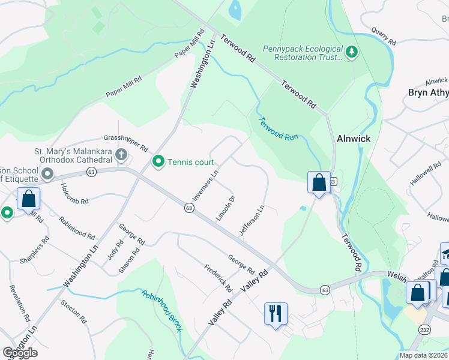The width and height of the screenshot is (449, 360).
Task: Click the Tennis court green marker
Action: pyautogui.click(x=158, y=161)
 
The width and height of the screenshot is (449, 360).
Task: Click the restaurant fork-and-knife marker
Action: pyautogui.click(x=276, y=313)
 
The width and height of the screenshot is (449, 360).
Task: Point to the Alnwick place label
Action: pyautogui.click(x=354, y=138)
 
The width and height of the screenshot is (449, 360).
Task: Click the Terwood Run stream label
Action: pyautogui.click(x=279, y=128)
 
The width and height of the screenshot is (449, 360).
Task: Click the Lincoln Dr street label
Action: pyautogui.click(x=225, y=208)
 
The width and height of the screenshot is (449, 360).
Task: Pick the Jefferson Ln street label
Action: pyautogui.click(x=252, y=221)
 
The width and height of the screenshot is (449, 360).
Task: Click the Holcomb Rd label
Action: pyautogui.click(x=74, y=193)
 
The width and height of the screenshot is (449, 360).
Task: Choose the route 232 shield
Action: pyautogui.click(x=424, y=330)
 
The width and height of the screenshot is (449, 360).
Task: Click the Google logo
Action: pyautogui.click(x=20, y=353)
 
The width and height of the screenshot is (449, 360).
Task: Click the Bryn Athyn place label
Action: pyautogui.click(x=427, y=92)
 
